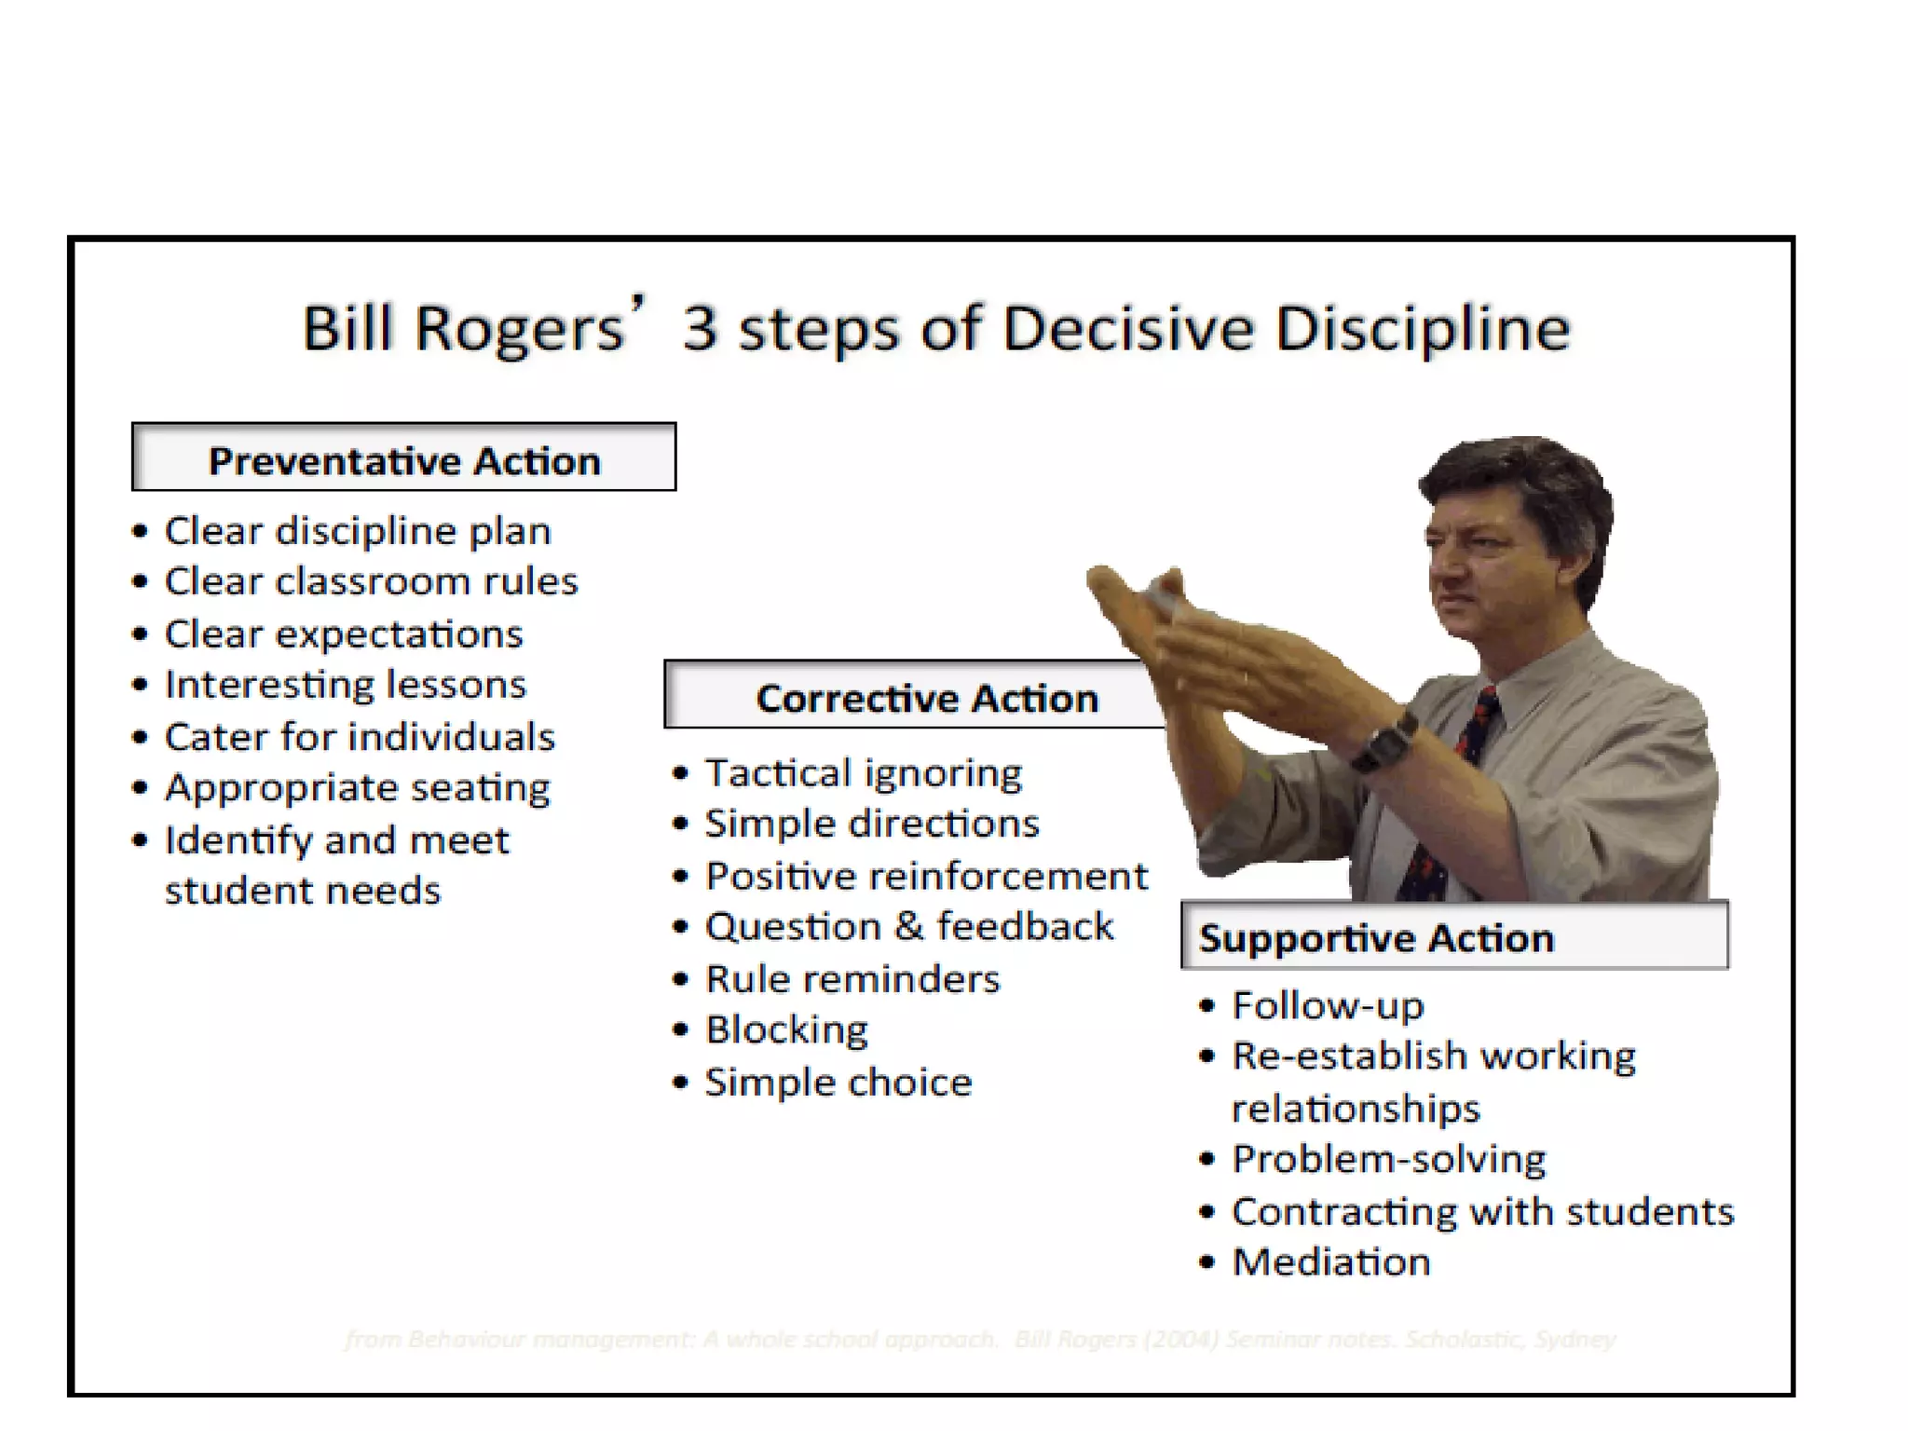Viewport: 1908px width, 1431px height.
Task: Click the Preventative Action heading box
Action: click(403, 458)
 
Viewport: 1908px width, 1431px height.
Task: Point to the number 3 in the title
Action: click(700, 329)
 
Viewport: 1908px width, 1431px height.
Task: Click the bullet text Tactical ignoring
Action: click(863, 773)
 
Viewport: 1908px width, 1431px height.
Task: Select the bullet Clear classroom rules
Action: click(371, 581)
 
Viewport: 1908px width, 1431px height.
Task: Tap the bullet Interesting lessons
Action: click(345, 685)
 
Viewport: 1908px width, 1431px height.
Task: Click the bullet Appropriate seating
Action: click(357, 788)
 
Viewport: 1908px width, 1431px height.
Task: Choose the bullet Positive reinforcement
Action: click(926, 877)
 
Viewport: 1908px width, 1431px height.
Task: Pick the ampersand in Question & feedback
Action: click(908, 927)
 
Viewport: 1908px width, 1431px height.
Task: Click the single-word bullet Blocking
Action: click(786, 1030)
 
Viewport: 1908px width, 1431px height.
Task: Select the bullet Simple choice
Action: click(838, 1083)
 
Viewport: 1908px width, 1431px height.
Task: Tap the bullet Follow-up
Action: click(1328, 1006)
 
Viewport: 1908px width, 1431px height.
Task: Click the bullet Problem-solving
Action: click(1388, 1160)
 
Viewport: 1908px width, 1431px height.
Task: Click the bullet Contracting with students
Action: click(1481, 1212)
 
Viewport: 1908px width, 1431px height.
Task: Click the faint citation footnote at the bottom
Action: click(978, 1340)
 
